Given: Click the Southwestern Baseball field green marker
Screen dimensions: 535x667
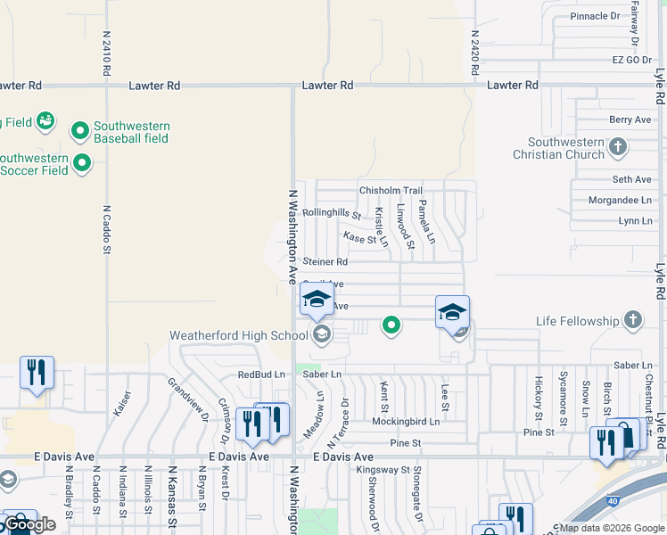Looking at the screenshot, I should click(x=79, y=132).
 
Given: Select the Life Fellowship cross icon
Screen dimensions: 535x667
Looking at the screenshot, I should click(x=633, y=320).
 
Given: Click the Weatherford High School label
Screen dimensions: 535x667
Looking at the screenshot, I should click(x=239, y=335).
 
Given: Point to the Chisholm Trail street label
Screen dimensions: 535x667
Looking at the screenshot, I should click(x=391, y=191).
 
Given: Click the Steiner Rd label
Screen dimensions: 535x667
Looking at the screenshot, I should click(x=325, y=262).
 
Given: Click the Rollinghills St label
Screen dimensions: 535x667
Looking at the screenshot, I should click(x=331, y=214).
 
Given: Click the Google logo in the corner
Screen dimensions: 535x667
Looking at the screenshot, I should click(x=29, y=525).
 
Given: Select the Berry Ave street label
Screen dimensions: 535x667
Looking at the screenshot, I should click(x=630, y=119).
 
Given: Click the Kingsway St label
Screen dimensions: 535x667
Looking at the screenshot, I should click(x=382, y=469).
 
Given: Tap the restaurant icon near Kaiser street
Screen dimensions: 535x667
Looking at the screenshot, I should click(x=37, y=372).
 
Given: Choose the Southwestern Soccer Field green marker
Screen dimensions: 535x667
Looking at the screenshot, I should click(x=82, y=163).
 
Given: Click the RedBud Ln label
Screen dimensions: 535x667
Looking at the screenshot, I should click(x=261, y=374).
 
